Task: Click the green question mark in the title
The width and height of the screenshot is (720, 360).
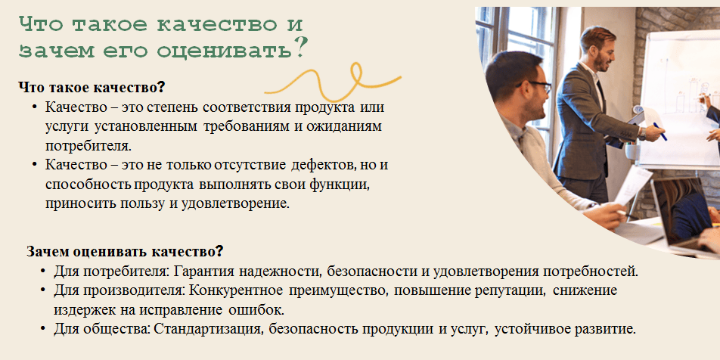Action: [x=299, y=48]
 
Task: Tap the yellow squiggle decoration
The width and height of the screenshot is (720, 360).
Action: [x=333, y=82]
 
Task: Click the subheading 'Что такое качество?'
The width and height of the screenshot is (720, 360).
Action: [x=92, y=87]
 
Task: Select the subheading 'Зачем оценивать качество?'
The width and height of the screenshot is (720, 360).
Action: [x=125, y=251]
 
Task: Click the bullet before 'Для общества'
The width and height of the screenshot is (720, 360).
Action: [x=42, y=329]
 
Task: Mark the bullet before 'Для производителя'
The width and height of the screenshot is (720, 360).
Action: [x=42, y=290]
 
